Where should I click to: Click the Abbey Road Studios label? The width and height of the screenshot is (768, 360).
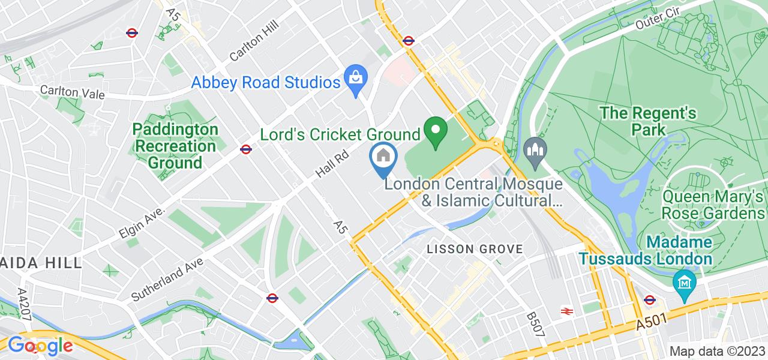[266, 82]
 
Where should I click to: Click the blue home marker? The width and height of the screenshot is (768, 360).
[383, 157]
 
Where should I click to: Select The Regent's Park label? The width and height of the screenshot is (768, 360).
[648, 121]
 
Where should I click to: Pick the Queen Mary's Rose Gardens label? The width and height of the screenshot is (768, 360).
[713, 205]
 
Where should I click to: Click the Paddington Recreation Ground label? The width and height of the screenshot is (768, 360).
[175, 146]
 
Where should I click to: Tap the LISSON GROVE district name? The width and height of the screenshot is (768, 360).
[475, 248]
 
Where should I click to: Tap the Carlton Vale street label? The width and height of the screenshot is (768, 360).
[72, 92]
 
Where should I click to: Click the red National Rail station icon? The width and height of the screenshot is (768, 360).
[566, 311]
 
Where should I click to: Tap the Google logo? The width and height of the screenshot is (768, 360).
[40, 346]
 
